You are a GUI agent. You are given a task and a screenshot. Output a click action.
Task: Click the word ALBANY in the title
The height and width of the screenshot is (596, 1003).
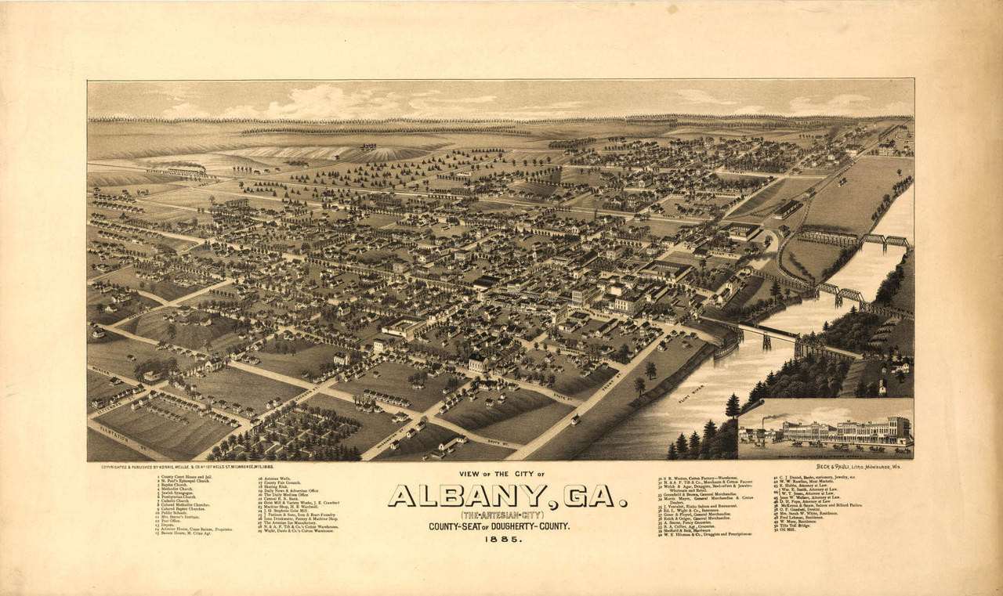[x=468, y=496]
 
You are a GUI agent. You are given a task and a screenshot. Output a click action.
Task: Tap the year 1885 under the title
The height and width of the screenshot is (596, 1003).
[x=509, y=540]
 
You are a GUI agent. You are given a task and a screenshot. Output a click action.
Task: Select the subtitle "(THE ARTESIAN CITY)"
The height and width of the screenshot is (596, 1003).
[x=509, y=515]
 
